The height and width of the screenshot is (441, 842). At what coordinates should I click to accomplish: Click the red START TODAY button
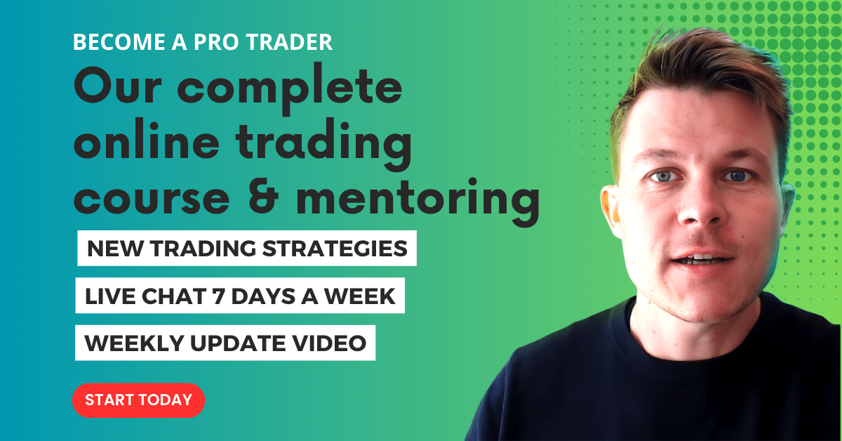pos(138,400)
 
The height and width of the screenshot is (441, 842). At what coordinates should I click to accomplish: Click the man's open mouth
pos(690,259)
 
